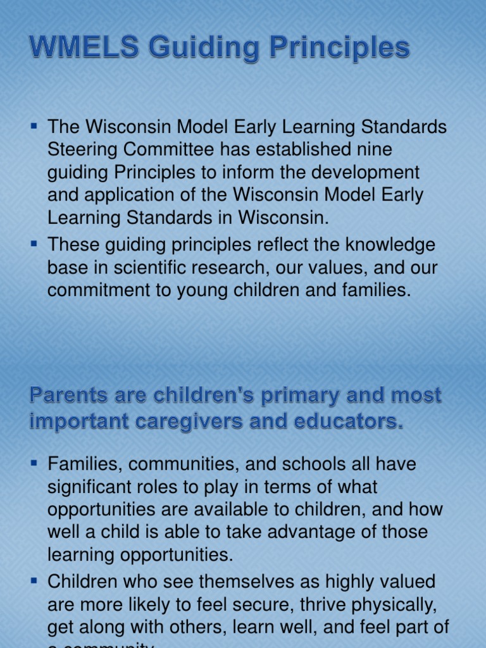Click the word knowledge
click(385, 245)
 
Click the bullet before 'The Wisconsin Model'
click(35, 127)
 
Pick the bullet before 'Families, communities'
click(35, 464)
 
